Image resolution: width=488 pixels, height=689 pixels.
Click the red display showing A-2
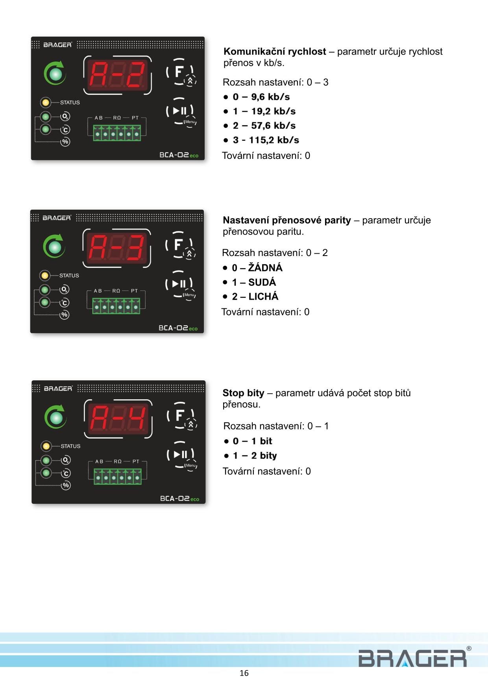pos(118,75)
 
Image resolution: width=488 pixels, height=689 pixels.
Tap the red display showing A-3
pos(117,248)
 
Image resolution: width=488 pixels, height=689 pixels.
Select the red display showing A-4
pos(118,418)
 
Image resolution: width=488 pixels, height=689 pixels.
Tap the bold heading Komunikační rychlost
pos(275,52)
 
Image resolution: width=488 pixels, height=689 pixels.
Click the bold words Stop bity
pos(243,393)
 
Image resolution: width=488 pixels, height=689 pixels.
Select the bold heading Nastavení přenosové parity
pos(287,220)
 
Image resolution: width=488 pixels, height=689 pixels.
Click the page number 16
pos(244,673)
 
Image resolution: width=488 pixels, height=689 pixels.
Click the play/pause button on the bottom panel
pos(180,454)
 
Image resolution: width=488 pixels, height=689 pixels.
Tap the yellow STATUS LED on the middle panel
pos(45,275)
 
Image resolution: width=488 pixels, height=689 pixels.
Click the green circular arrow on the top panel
pos(55,73)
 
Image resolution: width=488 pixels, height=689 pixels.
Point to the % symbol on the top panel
pos(65,142)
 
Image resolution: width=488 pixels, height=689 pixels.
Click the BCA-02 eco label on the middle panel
pos(178,328)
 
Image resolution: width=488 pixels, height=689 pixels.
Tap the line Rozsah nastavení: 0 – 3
pos(275,82)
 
